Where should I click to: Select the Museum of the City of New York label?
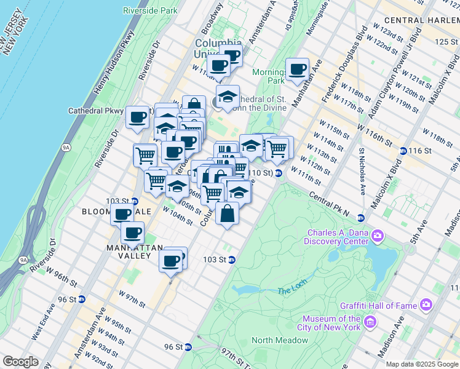pyautogui.click(x=331, y=323)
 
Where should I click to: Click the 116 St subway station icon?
pyautogui.click(x=403, y=151)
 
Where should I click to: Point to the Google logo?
pyautogui.click(x=21, y=362)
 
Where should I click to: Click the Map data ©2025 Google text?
pyautogui.click(x=421, y=364)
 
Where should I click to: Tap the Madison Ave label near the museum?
pyautogui.click(x=391, y=338)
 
